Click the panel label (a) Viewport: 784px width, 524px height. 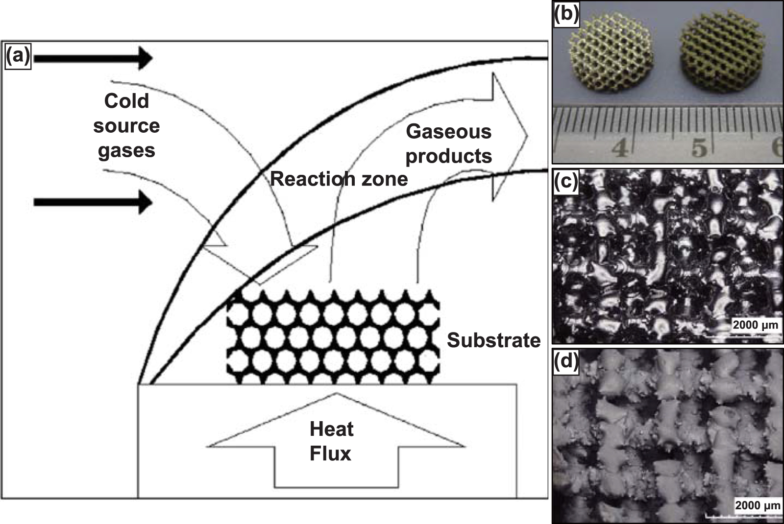(x=18, y=57)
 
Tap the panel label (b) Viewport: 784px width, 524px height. (x=566, y=15)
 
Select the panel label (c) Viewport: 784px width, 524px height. (x=566, y=181)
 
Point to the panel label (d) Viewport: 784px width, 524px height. (x=566, y=361)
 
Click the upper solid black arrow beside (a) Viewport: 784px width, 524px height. (x=93, y=58)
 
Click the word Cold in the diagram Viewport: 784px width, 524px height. (x=126, y=101)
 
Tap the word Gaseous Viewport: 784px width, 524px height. (x=448, y=131)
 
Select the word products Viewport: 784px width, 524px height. (x=448, y=156)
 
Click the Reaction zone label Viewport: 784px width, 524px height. (x=339, y=179)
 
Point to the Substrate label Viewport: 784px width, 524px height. (x=493, y=340)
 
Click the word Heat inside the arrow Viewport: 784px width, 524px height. (x=331, y=429)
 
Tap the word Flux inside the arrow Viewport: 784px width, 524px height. (x=330, y=453)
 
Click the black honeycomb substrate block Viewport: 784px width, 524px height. (x=333, y=337)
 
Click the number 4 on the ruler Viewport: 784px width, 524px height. (x=621, y=147)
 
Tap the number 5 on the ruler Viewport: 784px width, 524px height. (x=699, y=147)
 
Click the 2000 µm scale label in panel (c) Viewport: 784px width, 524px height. (x=755, y=325)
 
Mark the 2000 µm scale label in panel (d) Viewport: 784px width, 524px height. (x=757, y=505)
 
